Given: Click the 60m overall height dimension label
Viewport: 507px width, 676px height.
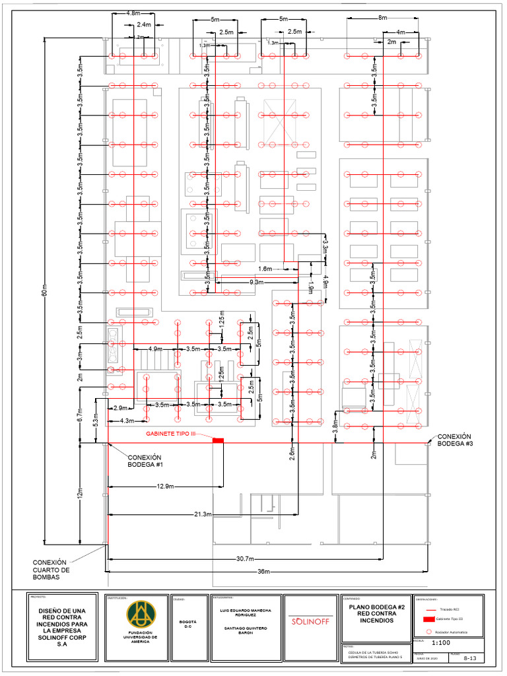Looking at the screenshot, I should tap(45, 294).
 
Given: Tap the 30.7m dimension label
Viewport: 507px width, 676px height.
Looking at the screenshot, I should tap(245, 558).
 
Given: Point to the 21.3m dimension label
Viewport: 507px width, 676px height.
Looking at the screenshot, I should tap(203, 514).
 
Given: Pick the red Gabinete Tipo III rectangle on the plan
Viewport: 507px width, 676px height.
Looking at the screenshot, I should tap(218, 440).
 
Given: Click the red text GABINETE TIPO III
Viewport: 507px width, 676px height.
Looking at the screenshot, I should tap(171, 434).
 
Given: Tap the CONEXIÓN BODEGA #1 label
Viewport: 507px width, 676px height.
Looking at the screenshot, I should tap(145, 461).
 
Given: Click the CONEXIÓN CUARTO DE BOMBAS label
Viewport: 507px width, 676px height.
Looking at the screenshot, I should tap(51, 569).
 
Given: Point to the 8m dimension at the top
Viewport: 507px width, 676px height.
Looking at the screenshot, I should tap(383, 18).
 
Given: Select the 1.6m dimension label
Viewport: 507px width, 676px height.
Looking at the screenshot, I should tap(265, 269).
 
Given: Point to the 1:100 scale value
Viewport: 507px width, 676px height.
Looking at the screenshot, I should tap(442, 642).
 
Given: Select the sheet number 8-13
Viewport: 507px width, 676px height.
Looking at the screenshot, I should tap(470, 658).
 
